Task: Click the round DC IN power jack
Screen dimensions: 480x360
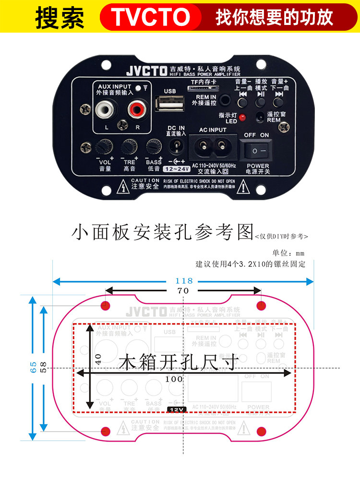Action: (176, 144)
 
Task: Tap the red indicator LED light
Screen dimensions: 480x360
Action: (242, 117)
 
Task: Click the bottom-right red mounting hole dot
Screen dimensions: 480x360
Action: (261, 431)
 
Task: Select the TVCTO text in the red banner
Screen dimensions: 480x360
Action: (151, 17)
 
